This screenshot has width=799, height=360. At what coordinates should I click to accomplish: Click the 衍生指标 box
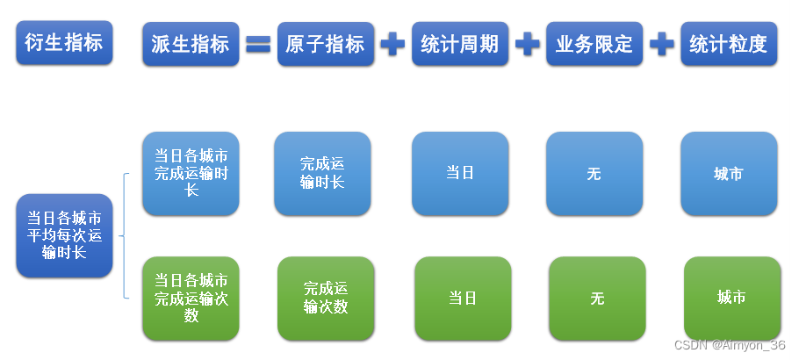pyautogui.click(x=64, y=43)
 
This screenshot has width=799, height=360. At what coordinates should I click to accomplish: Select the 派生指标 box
pyautogui.click(x=191, y=44)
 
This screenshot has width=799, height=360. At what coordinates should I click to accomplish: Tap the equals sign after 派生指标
pyautogui.click(x=257, y=44)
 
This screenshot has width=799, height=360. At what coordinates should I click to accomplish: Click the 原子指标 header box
pyautogui.click(x=326, y=44)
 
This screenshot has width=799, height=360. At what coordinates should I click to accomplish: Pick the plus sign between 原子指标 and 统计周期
pyautogui.click(x=392, y=44)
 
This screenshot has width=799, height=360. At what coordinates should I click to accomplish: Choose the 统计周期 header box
pyautogui.click(x=460, y=44)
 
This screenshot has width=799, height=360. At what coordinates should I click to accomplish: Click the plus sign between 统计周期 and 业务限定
pyautogui.click(x=527, y=44)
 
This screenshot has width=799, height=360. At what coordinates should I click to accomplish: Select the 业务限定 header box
pyautogui.click(x=594, y=44)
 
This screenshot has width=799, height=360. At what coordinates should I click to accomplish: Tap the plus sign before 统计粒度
pyautogui.click(x=662, y=44)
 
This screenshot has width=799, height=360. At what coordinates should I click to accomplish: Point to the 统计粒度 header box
pyautogui.click(x=729, y=44)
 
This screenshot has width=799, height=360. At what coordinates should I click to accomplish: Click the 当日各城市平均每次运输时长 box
pyautogui.click(x=64, y=235)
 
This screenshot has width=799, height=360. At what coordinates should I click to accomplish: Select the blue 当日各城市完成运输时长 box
pyautogui.click(x=191, y=173)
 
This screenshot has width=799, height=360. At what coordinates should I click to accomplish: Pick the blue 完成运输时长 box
pyautogui.click(x=322, y=173)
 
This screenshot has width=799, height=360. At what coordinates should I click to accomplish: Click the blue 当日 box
pyautogui.click(x=460, y=173)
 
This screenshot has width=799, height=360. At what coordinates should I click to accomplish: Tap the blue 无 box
pyautogui.click(x=594, y=173)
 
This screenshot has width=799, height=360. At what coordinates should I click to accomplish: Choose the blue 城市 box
pyautogui.click(x=729, y=173)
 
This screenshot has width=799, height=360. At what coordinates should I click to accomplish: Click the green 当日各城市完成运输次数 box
pyautogui.click(x=191, y=298)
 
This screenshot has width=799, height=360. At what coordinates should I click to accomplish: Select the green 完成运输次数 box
pyautogui.click(x=326, y=298)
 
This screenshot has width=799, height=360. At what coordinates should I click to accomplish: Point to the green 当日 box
pyautogui.click(x=463, y=298)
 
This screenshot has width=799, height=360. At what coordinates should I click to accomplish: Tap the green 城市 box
pyautogui.click(x=731, y=298)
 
